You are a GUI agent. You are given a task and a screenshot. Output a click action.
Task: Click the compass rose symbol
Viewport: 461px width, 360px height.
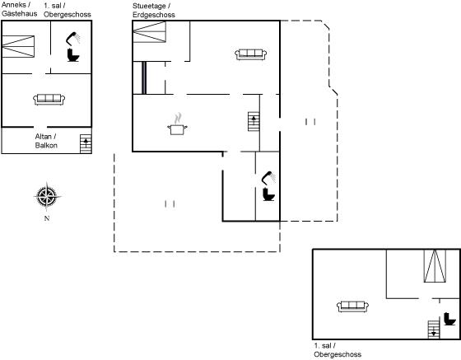pos(47,196)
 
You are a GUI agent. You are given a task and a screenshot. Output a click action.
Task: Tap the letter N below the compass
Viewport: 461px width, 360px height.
pos(47,218)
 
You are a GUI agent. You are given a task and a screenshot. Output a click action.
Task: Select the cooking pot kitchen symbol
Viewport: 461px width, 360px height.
pos(177,124)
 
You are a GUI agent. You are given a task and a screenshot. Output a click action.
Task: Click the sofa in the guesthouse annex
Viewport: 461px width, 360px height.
pos(49,99)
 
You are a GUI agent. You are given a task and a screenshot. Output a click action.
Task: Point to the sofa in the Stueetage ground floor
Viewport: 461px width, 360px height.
pos(251,54)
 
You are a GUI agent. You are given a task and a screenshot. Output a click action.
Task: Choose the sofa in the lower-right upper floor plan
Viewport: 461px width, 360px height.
pos(352,306)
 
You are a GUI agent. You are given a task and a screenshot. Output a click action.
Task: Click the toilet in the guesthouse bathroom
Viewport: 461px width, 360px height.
pos(73,55)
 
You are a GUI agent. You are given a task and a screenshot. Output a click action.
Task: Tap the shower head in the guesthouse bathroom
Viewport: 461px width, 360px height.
pos(72,38)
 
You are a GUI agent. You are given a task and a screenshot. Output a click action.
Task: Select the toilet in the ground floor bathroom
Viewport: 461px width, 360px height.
pos(268,194)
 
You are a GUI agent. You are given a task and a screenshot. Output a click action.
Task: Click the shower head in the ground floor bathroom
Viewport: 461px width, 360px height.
pos(268,178)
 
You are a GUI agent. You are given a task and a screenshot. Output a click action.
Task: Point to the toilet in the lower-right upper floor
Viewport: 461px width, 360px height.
pos(449,319)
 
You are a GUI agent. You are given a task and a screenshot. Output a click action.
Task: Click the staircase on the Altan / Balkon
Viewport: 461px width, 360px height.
pos(86,144)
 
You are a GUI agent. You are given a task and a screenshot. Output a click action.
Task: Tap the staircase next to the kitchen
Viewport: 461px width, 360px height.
pos(254,121)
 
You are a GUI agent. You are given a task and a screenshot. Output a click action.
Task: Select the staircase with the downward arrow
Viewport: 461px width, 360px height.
pos(434,330)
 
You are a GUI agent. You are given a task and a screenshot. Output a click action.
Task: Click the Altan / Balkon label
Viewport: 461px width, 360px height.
pos(46,141)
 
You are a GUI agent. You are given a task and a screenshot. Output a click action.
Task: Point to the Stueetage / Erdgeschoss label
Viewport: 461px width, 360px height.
pos(154,10)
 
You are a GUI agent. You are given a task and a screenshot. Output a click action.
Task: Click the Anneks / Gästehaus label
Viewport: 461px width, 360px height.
pos(20,9)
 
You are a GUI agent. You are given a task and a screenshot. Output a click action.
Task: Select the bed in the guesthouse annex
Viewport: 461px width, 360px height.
pos(18,46)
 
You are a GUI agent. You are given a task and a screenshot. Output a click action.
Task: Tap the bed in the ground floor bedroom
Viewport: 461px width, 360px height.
pos(149,32)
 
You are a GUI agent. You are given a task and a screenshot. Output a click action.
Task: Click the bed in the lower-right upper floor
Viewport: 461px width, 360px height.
pos(435,266)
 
